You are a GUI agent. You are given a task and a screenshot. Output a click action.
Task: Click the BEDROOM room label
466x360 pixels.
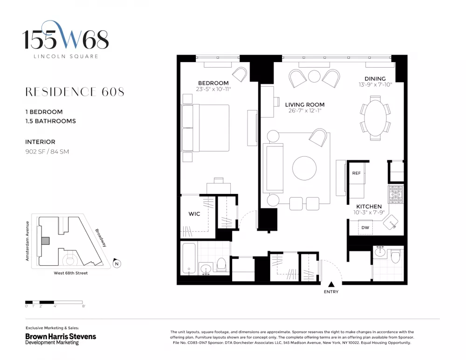tap(213, 83)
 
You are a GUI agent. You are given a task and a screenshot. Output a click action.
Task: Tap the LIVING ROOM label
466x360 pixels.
tap(305, 105)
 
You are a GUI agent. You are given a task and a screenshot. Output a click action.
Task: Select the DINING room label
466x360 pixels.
tap(375, 78)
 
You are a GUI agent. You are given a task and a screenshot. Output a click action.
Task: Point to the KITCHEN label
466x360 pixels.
tap(369, 207)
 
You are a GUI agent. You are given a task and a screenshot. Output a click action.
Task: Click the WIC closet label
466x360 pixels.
tap(194, 214)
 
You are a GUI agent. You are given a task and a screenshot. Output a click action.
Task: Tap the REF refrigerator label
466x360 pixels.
tap(356, 173)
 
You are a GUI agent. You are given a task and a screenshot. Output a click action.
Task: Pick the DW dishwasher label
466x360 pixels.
tap(365, 228)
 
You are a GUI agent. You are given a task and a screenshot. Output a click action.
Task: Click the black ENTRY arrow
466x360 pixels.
tap(331, 284)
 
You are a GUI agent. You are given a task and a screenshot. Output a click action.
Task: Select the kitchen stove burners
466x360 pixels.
tap(396, 194)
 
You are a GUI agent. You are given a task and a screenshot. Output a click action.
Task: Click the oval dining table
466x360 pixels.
tap(375, 118)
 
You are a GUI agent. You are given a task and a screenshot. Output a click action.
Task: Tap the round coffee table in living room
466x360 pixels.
tap(304, 168)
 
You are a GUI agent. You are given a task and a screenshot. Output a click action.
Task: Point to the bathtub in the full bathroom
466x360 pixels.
tap(189, 259)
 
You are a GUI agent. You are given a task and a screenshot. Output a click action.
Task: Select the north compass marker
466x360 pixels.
tap(117, 263)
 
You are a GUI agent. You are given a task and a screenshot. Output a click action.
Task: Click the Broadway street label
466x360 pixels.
tap(101, 238)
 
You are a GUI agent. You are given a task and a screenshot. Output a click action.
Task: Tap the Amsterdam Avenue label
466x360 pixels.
tap(27, 241)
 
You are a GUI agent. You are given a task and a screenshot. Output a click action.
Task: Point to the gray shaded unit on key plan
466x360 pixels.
tap(46, 241)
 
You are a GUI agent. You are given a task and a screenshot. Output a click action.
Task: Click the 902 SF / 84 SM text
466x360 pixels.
tap(47, 152)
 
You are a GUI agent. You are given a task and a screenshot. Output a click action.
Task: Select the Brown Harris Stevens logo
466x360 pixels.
tap(61, 339)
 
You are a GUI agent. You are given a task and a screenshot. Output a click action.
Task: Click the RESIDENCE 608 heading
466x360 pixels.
tap(75, 92)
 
